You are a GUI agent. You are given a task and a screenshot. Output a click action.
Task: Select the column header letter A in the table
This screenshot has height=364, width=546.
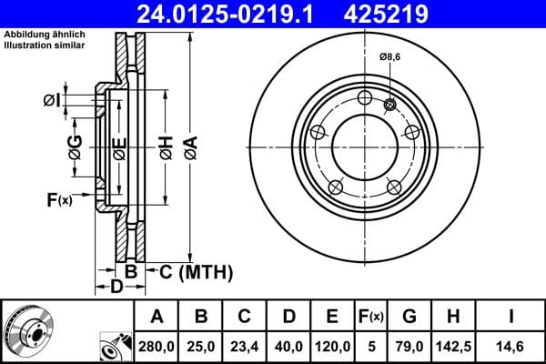[157, 317]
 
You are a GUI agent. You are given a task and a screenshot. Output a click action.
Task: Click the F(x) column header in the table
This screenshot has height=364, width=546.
[370, 317]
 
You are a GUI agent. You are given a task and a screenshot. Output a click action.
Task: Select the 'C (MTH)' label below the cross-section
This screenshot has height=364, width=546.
[197, 272]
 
